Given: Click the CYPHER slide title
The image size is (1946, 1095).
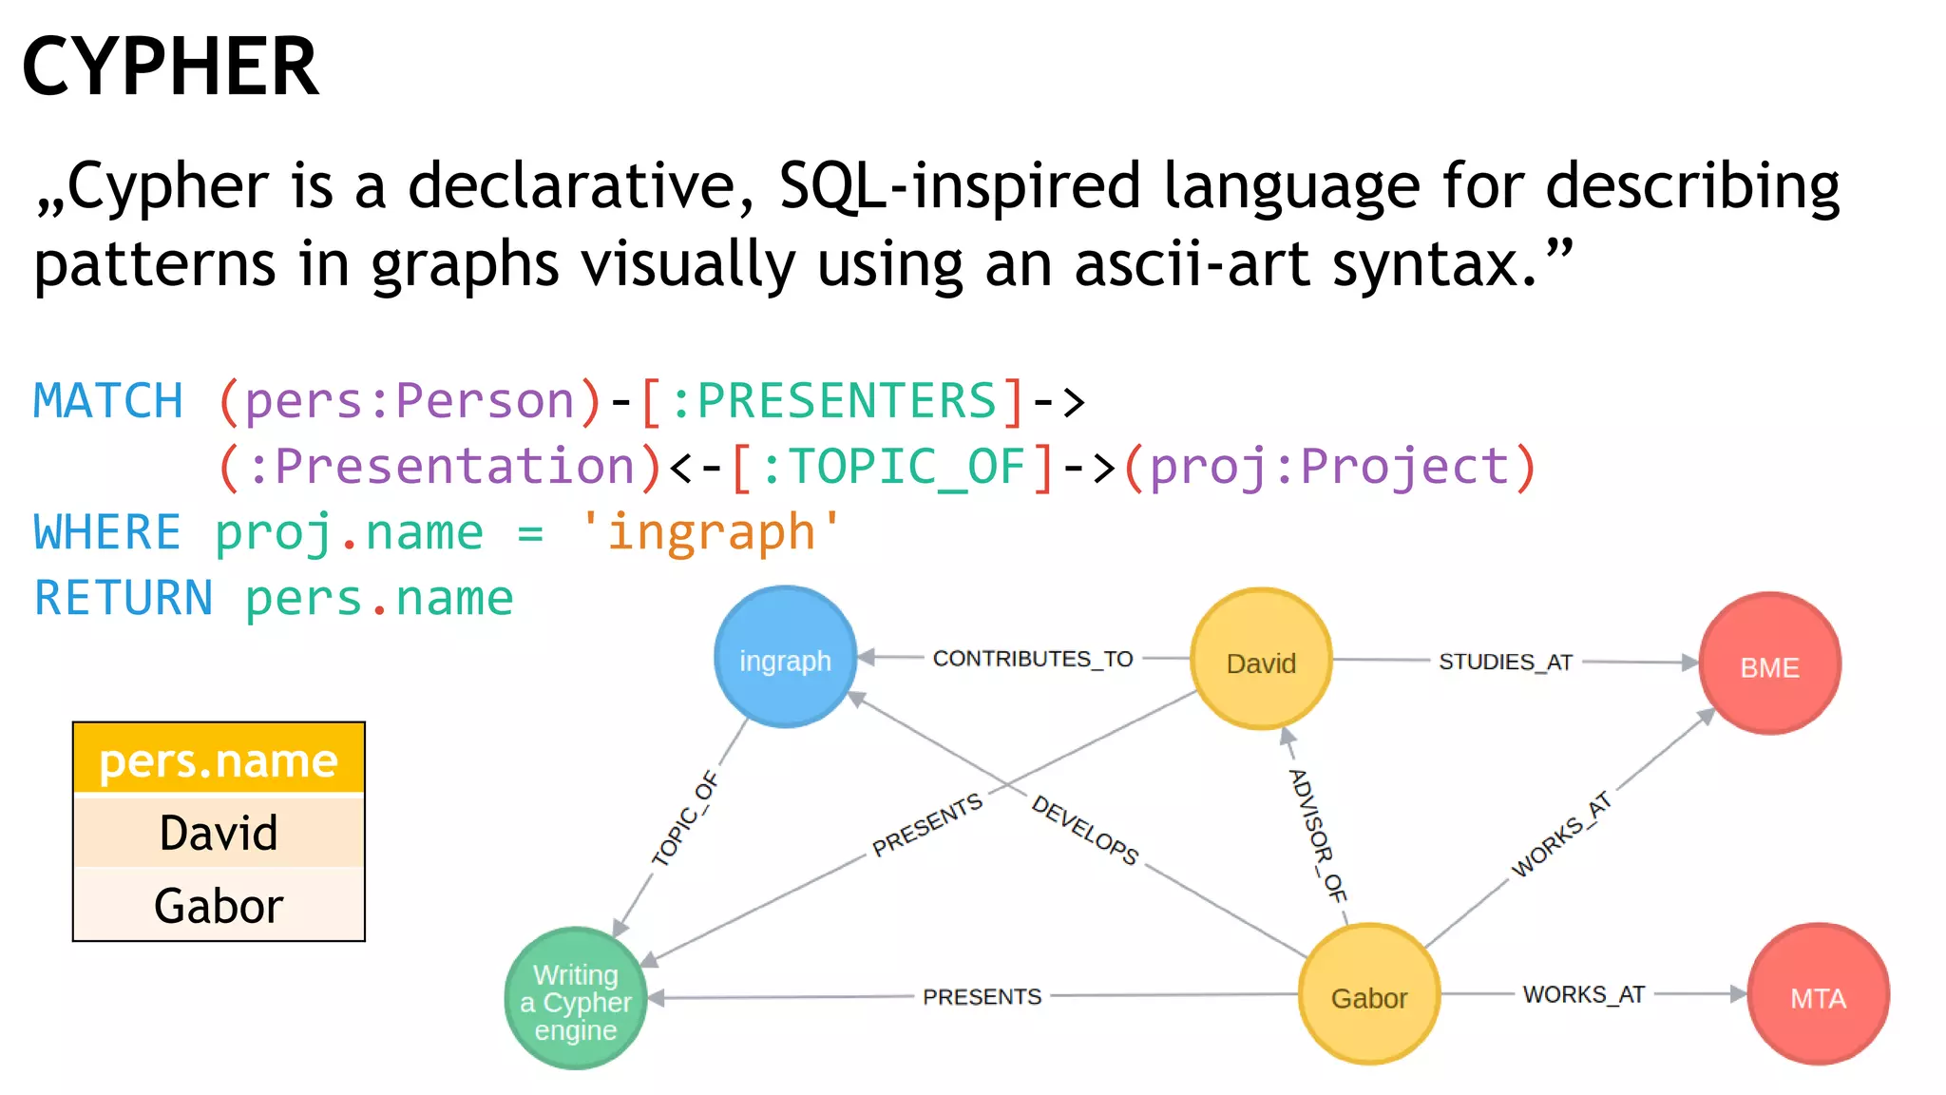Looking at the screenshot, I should (x=170, y=67).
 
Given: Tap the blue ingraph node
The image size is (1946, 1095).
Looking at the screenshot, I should (x=785, y=658).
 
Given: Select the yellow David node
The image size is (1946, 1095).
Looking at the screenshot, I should (x=1261, y=660).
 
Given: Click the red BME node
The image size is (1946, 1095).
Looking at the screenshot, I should (x=1769, y=664).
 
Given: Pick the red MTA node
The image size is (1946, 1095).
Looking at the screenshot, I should (x=1818, y=995).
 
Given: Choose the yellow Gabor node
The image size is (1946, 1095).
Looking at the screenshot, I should (x=1368, y=995).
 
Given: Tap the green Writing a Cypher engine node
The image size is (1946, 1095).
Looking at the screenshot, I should (x=576, y=1000).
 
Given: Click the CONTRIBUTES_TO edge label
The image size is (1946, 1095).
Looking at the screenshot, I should (x=1033, y=659).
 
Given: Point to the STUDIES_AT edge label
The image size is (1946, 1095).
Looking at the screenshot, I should (x=1505, y=662).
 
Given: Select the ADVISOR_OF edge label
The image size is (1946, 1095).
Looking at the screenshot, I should (x=1317, y=835).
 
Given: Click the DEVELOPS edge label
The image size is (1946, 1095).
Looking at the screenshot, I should (x=1085, y=830).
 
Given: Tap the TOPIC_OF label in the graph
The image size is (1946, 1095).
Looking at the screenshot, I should (x=685, y=818).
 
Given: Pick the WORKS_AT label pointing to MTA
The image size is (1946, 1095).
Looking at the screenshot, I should (x=1583, y=994).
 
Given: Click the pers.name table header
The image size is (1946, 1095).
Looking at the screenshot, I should (x=219, y=759).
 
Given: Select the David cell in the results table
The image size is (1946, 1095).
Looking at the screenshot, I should (x=219, y=833).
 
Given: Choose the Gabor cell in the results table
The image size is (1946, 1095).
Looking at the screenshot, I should (x=219, y=905).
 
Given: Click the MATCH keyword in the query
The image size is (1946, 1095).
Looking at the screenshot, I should (x=108, y=400).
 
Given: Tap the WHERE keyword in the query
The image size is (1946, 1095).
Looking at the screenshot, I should (x=106, y=531).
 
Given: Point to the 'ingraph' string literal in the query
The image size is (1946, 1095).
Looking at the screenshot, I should (x=710, y=531).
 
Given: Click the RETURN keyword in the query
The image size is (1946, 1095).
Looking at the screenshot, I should (x=124, y=598).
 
